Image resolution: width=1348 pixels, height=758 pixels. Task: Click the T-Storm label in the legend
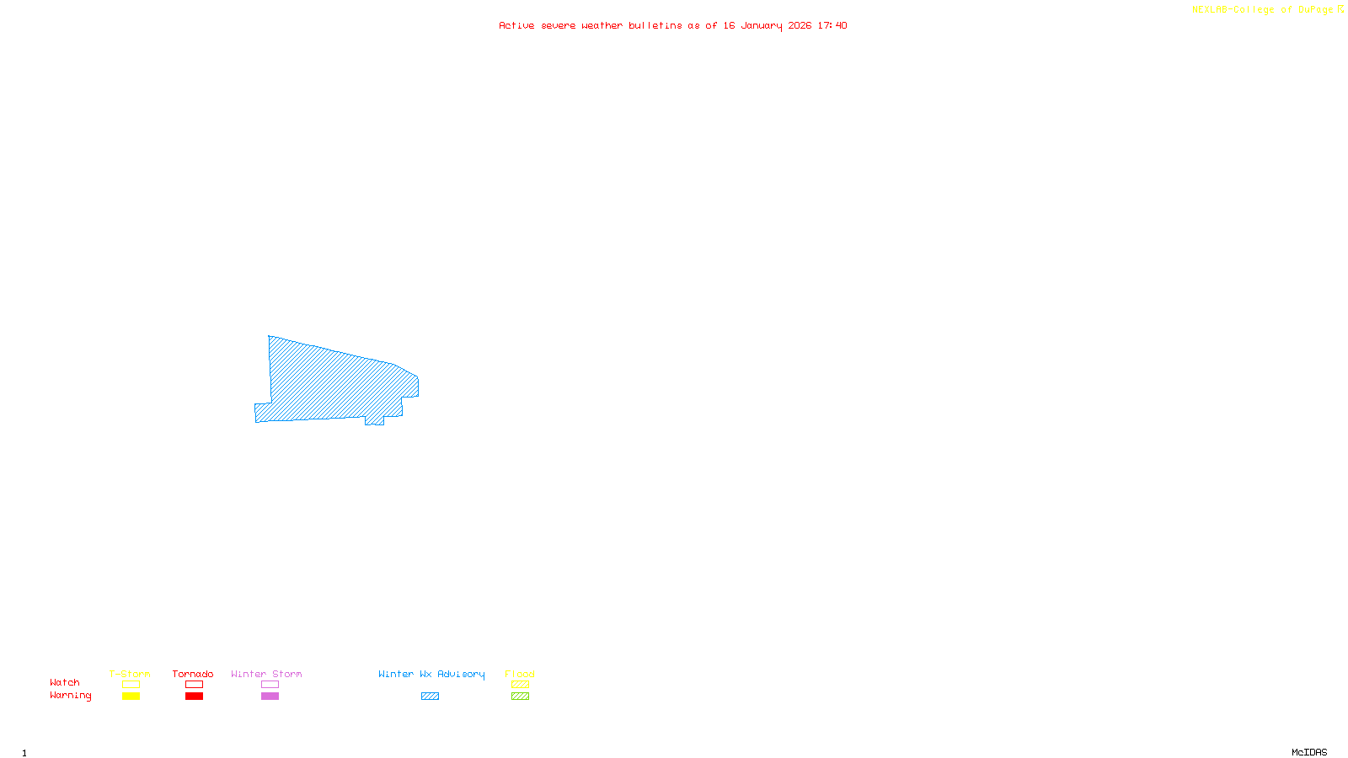coord(130,674)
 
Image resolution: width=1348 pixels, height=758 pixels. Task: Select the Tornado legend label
coord(193,674)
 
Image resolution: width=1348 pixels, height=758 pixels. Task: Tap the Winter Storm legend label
coord(266,674)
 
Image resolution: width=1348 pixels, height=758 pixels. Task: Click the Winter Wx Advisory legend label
coord(431,674)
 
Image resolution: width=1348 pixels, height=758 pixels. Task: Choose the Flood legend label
coord(520,674)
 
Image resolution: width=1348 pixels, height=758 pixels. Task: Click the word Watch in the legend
coord(65,682)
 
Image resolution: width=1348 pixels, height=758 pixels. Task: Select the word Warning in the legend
coord(70,696)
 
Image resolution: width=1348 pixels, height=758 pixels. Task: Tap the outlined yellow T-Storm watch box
coord(131,685)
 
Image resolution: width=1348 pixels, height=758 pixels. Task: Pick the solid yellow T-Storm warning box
coord(131,697)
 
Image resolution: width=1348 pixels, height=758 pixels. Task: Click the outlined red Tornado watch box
coord(194,685)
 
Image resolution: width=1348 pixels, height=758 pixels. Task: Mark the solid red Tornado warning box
coord(194,697)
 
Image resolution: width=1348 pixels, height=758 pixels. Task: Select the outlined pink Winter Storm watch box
coord(270,685)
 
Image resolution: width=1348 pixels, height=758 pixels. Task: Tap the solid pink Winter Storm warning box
coord(270,697)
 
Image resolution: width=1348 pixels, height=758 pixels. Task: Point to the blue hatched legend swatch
coord(430,697)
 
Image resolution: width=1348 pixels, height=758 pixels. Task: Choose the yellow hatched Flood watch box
coord(520,685)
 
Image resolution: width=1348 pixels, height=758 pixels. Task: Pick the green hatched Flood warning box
coord(520,697)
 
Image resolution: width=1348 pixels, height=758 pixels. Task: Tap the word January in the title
coord(762,25)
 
